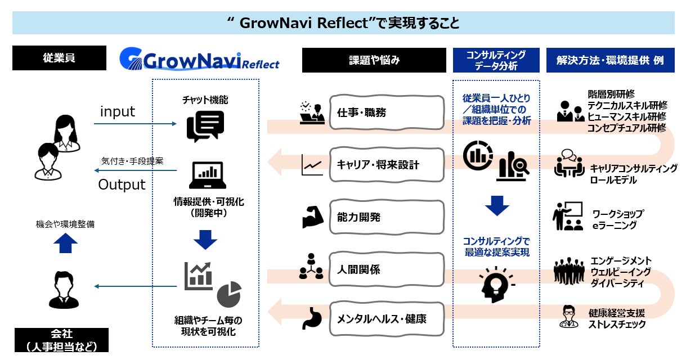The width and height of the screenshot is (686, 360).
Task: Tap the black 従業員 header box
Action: pyautogui.click(x=59, y=58)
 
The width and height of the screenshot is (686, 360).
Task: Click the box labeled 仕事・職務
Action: pyautogui.click(x=386, y=113)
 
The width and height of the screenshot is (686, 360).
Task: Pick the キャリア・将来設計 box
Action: pyautogui.click(x=386, y=165)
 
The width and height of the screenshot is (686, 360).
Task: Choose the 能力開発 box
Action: pyautogui.click(x=386, y=217)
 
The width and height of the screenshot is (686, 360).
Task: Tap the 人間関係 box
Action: pyautogui.click(x=386, y=269)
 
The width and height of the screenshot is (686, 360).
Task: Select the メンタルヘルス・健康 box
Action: pyautogui.click(x=386, y=319)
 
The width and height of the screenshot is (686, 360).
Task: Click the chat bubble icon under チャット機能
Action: pyautogui.click(x=205, y=126)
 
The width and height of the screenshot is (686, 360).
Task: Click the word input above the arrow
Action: pyautogui.click(x=118, y=111)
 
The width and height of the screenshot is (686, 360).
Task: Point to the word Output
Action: pyautogui.click(x=122, y=184)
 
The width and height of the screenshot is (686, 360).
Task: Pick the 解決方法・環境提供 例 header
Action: pyautogui.click(x=610, y=60)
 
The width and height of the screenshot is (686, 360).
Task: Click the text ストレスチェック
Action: pyautogui.click(x=617, y=325)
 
